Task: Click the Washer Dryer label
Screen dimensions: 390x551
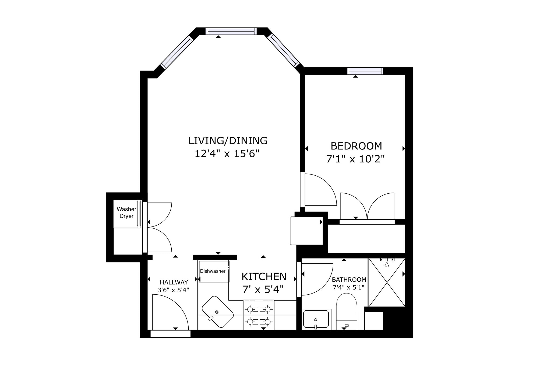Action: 126,213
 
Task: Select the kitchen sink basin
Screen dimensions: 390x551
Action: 218,312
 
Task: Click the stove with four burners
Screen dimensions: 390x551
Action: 259,315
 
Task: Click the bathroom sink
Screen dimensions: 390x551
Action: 316,320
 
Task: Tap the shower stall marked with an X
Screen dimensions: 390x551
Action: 387,282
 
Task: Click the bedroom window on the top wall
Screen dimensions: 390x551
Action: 365,71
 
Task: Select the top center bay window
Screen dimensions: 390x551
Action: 231,31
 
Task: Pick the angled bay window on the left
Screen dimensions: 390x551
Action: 177,52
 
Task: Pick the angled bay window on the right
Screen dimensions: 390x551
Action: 284,50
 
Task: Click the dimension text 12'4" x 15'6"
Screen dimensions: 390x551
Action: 227,154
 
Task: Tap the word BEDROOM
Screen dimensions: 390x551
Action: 356,146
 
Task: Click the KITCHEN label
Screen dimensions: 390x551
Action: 264,277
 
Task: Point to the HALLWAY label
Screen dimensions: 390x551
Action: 174,282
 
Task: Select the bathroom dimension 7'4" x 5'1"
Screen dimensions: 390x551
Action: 348,287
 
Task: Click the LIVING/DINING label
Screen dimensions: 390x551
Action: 228,141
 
